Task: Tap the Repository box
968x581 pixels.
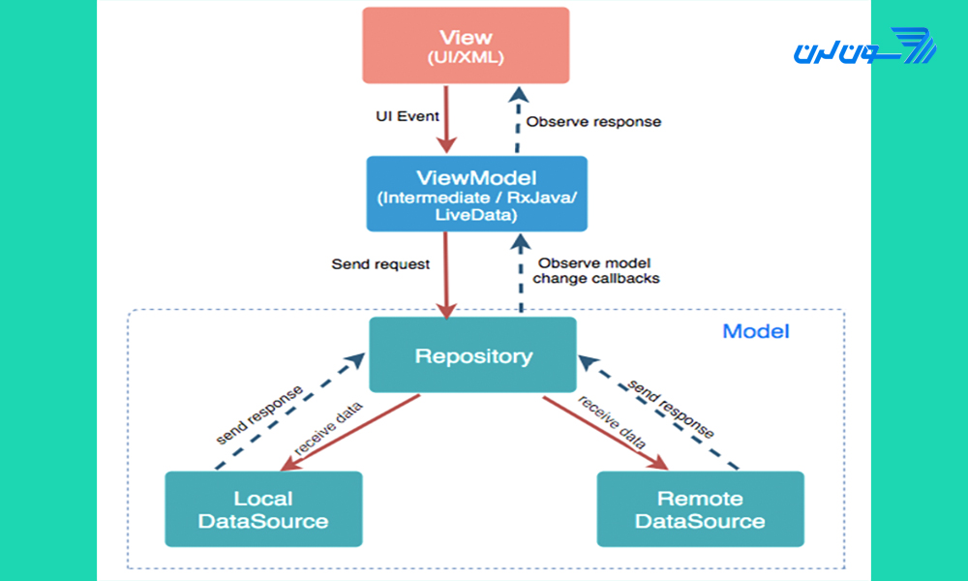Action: pyautogui.click(x=473, y=355)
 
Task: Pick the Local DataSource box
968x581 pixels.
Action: pyautogui.click(x=262, y=509)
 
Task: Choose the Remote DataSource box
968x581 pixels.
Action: pyautogui.click(x=700, y=509)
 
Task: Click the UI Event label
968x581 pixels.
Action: pyautogui.click(x=408, y=116)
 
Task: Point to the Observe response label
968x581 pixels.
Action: pyautogui.click(x=593, y=122)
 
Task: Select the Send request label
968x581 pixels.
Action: pyautogui.click(x=380, y=263)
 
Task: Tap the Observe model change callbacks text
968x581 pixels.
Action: pyautogui.click(x=594, y=270)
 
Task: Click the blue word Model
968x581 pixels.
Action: pyautogui.click(x=756, y=331)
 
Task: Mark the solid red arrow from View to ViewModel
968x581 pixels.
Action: pyautogui.click(x=446, y=119)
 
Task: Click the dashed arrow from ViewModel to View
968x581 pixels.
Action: pyautogui.click(x=518, y=121)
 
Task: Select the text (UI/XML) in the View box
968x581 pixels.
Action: pyautogui.click(x=466, y=57)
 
